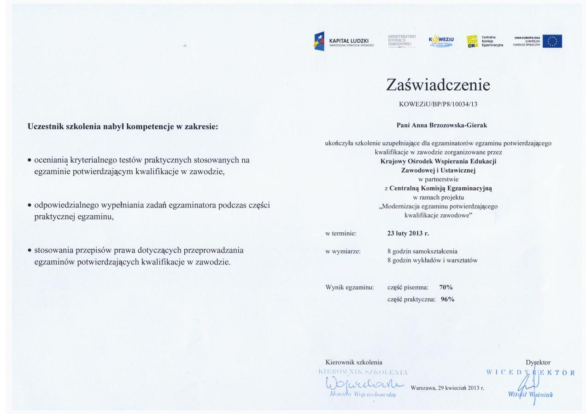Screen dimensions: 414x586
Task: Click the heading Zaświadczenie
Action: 438,85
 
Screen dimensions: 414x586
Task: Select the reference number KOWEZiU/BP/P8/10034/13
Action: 438,104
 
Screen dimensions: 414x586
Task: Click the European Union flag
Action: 552,41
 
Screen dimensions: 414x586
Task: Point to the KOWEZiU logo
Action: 441,41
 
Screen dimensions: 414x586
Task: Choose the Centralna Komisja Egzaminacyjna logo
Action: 484,41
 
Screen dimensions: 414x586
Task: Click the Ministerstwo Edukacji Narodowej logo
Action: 402,40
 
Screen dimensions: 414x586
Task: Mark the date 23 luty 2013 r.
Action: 408,233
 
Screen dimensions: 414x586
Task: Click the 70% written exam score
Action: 445,287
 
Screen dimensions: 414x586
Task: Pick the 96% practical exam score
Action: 447,299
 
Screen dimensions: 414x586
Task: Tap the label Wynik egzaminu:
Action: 349,287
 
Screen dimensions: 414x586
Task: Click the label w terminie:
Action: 341,233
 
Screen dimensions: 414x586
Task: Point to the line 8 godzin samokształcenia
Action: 422,251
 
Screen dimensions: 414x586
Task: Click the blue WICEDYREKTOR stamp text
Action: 530,372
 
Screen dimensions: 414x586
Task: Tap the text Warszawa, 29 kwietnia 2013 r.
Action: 447,388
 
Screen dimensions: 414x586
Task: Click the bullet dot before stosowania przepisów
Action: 29,251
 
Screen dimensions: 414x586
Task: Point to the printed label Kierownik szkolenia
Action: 353,362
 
